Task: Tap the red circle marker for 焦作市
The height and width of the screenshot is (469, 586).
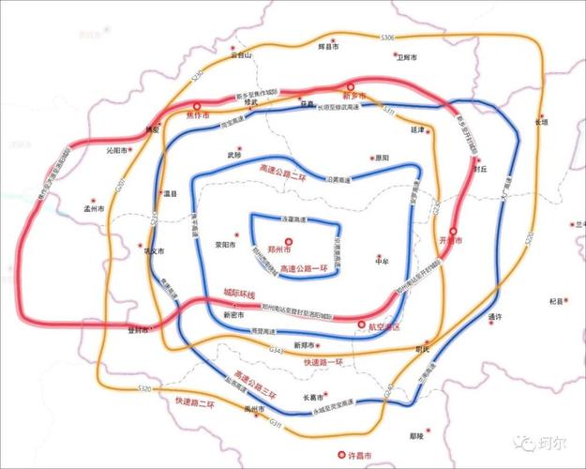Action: coord(197,107)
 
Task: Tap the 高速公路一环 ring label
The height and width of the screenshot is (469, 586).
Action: coord(306,270)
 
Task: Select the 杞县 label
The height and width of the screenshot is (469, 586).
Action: coord(557,301)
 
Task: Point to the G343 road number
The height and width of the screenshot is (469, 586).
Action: coord(276,349)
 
